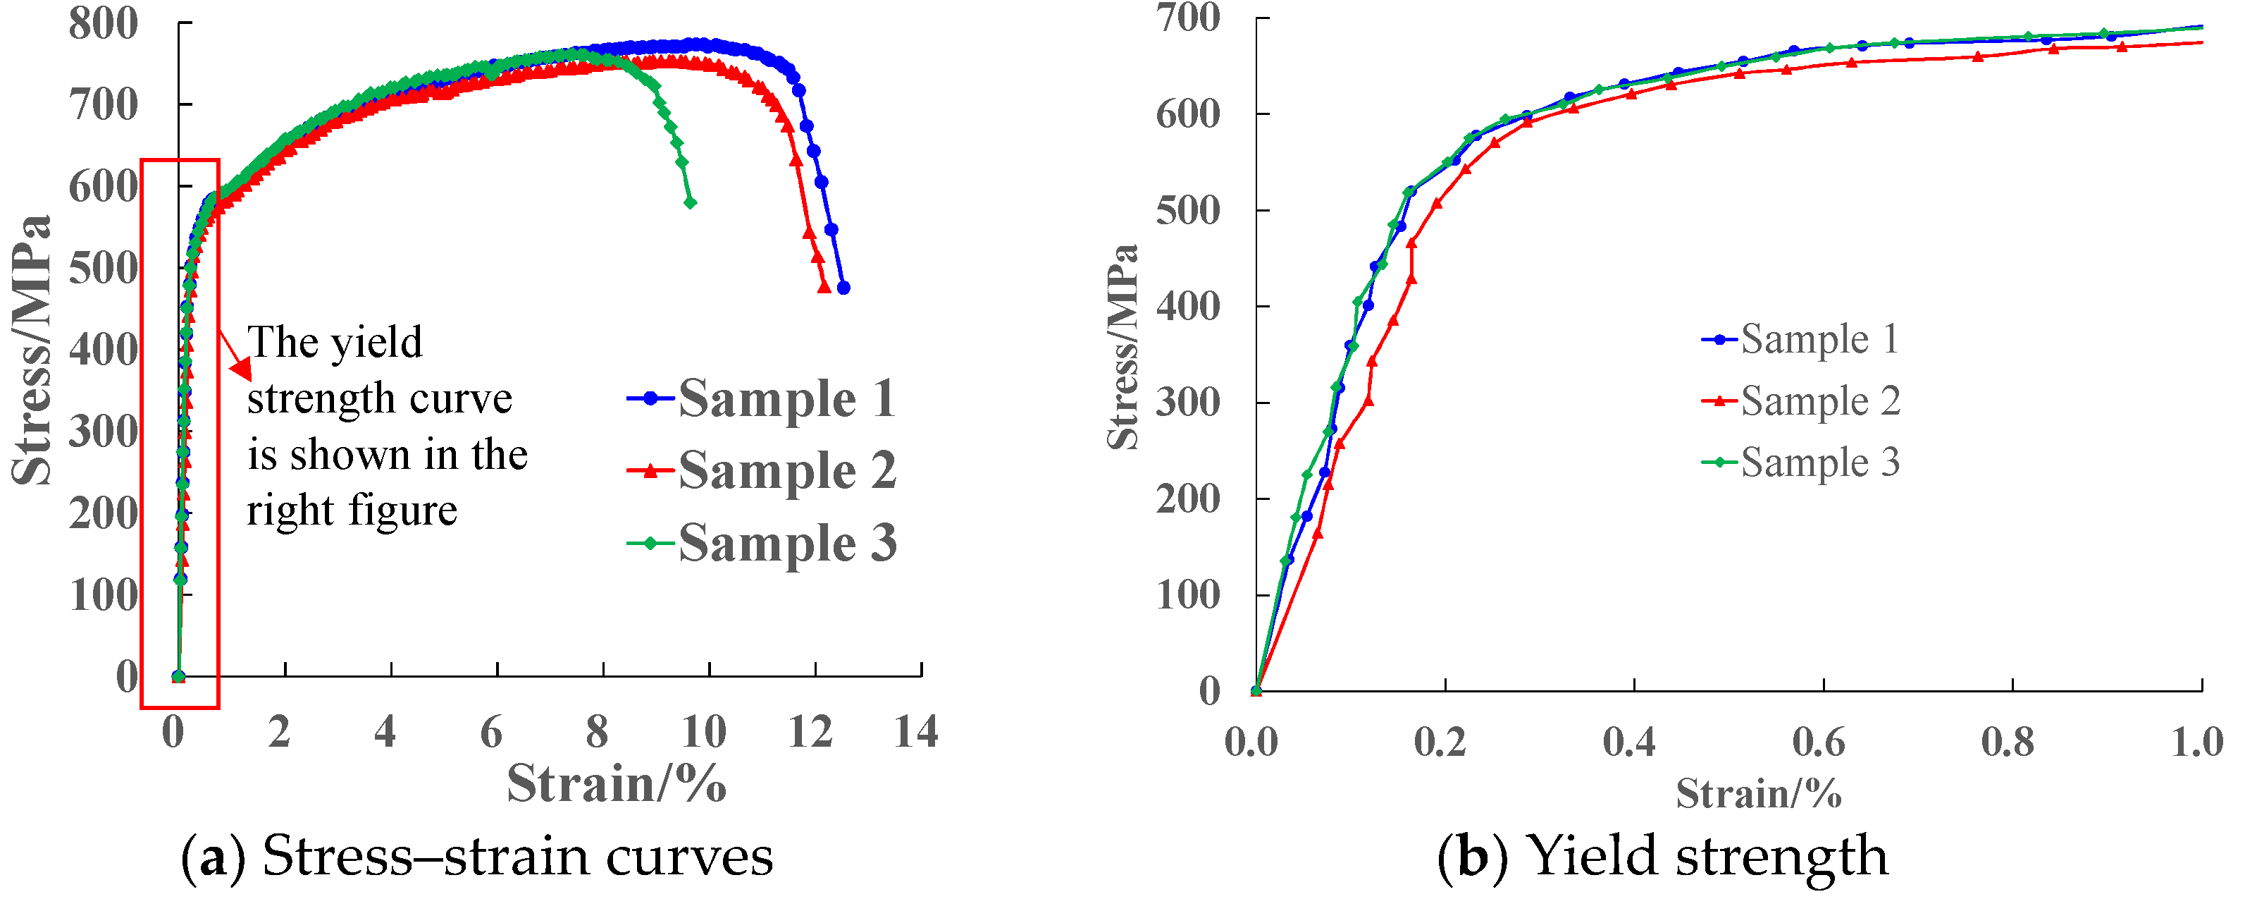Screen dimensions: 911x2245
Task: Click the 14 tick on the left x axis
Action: pos(915,731)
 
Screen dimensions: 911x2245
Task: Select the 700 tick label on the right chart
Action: pos(1187,18)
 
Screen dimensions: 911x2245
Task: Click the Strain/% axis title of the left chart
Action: pos(616,783)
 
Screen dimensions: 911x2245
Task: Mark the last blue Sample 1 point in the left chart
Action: pos(843,288)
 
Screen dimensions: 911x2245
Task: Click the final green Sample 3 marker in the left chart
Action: pos(691,202)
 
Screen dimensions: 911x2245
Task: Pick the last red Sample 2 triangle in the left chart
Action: pos(824,286)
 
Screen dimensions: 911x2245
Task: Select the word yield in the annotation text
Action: pos(378,343)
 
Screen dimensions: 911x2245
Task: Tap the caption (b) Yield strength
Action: pos(1662,856)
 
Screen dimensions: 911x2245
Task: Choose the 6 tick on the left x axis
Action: pos(492,731)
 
